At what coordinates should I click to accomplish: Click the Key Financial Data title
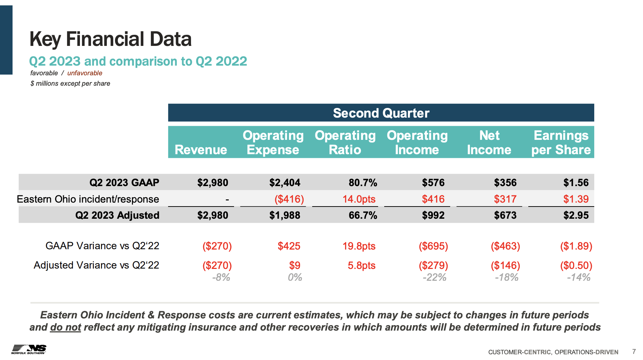click(110, 39)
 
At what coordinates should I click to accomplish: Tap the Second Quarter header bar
click(381, 113)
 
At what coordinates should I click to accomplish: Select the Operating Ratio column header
click(345, 142)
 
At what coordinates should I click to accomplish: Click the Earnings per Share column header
click(561, 142)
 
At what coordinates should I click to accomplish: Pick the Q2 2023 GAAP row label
click(124, 183)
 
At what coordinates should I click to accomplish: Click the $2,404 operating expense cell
click(285, 183)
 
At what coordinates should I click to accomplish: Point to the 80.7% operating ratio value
click(363, 183)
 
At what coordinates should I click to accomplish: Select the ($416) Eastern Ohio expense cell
click(289, 199)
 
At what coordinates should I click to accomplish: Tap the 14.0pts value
click(359, 199)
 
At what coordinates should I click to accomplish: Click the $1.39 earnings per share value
click(576, 199)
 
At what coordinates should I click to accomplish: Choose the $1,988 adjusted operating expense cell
click(285, 215)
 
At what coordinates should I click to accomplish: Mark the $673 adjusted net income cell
click(505, 215)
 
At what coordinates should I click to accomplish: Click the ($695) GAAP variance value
click(433, 246)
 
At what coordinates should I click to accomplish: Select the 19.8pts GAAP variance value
click(359, 246)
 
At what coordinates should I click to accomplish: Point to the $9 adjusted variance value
click(295, 265)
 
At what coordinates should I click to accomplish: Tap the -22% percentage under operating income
click(434, 277)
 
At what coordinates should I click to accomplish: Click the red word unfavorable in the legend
click(85, 73)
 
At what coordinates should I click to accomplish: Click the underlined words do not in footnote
click(66, 327)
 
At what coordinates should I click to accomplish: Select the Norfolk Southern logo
click(29, 349)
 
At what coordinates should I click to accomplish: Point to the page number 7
click(634, 351)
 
